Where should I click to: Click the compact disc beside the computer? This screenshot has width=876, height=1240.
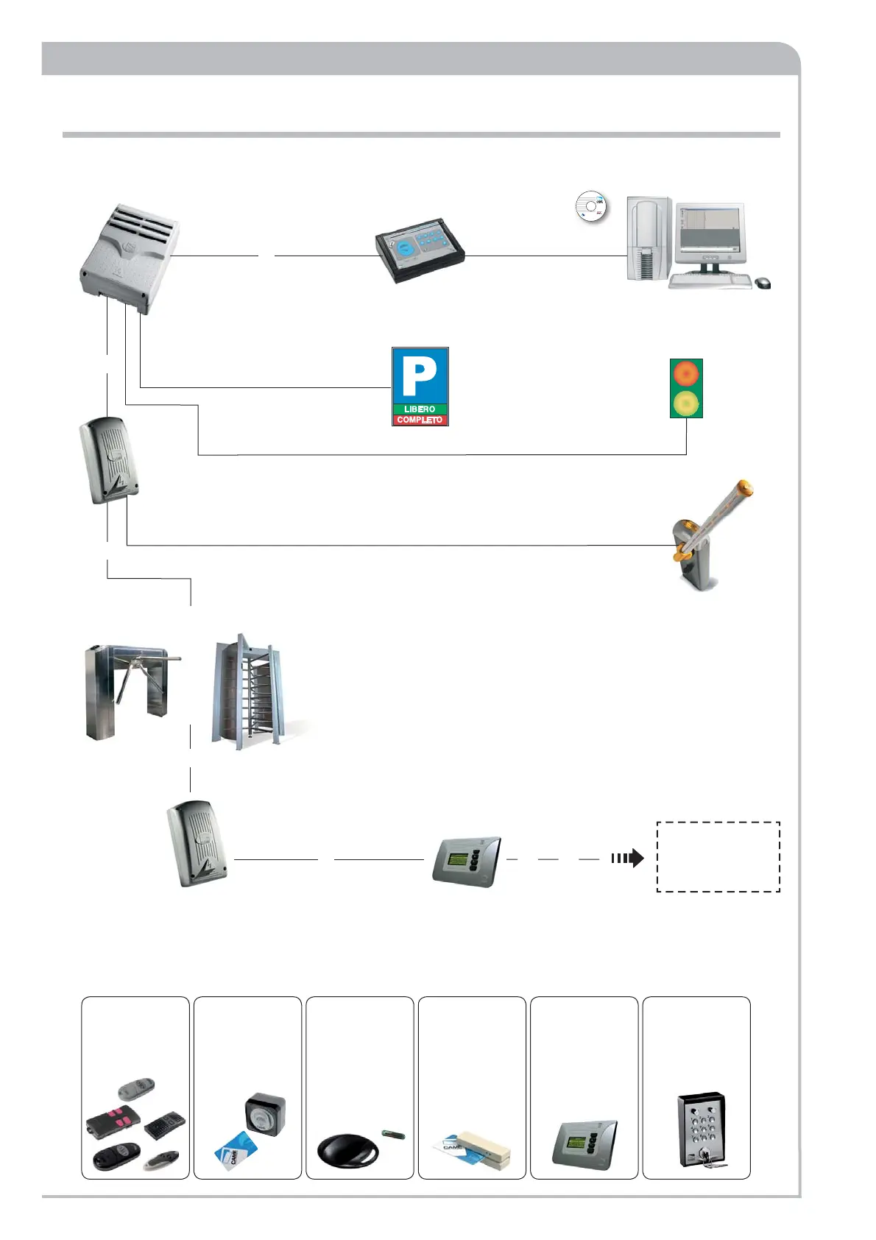590,207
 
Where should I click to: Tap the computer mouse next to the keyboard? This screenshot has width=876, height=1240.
763,283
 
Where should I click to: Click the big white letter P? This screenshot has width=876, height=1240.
420,376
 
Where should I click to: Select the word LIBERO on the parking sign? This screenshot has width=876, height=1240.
420,409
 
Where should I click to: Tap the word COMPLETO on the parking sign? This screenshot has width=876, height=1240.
420,420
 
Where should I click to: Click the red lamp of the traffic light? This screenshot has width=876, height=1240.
686,374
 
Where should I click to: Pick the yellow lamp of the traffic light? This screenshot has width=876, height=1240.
686,402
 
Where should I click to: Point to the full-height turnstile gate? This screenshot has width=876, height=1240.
247,692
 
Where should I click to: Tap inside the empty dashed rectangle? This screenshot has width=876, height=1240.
718,856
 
